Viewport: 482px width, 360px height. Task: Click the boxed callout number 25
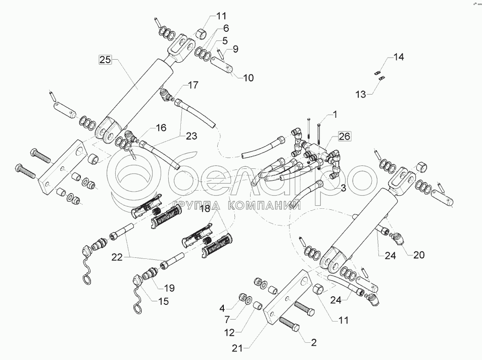coord(105,60)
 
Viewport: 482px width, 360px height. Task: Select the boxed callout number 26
coord(344,137)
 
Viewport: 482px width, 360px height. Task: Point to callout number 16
coord(161,129)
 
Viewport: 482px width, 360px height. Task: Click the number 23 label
coord(191,136)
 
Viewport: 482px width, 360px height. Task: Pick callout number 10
coord(248,78)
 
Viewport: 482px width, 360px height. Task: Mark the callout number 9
coord(235,50)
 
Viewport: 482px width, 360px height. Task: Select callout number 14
coord(399,57)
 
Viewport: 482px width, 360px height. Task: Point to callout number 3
coord(343,189)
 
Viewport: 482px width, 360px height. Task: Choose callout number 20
coord(419,255)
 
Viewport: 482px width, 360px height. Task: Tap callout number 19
coord(169,288)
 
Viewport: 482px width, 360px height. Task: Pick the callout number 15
coord(163,301)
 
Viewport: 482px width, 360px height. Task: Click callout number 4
coord(222,308)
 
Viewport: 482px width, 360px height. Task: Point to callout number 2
coord(313,343)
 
